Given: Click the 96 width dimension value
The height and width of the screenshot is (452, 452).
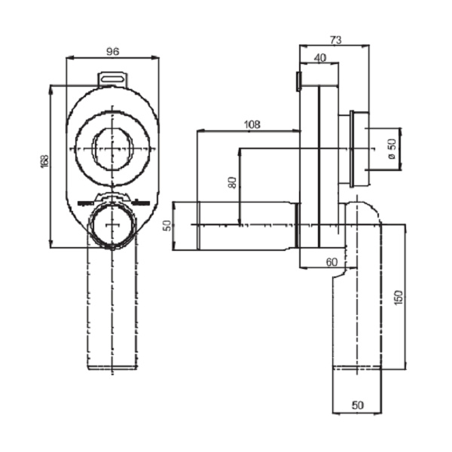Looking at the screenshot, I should [x=112, y=51].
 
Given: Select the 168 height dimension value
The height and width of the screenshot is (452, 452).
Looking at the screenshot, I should [x=44, y=161].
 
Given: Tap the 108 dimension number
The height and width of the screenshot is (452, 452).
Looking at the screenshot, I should [x=252, y=124].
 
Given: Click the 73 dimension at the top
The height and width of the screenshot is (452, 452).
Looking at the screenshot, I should [x=337, y=39].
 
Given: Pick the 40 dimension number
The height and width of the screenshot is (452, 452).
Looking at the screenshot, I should [x=320, y=58].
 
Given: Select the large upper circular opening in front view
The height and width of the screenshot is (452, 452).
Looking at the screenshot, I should [x=115, y=148].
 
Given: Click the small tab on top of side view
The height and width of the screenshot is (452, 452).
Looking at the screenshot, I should [x=299, y=80].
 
